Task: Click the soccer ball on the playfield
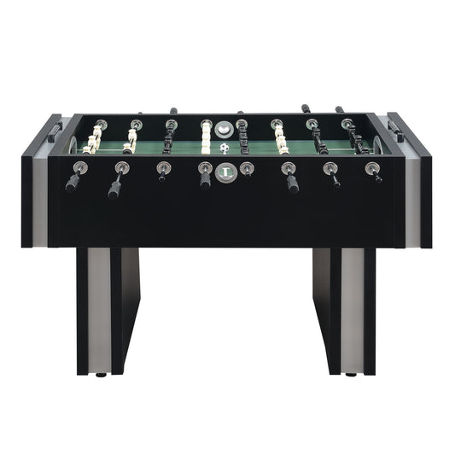click(x=225, y=148)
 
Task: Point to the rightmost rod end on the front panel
click(x=373, y=169)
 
